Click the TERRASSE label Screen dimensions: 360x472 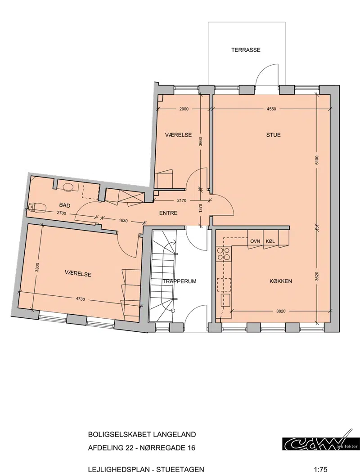tap(246, 50)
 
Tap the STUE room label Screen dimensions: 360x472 tap(273, 135)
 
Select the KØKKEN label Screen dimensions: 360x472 tap(280, 281)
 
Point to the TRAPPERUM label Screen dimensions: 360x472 tap(179, 281)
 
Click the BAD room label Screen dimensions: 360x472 tap(65, 205)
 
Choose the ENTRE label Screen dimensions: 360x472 tap(168, 213)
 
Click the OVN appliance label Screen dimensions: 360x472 tap(255, 241)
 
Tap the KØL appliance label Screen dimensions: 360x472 tap(270, 241)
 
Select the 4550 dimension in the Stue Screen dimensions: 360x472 tap(271, 109)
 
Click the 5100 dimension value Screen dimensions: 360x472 tap(317, 160)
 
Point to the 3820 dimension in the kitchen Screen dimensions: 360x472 tap(281, 311)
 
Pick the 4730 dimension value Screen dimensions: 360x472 tap(80, 299)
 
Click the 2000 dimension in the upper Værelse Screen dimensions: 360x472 tap(184, 109)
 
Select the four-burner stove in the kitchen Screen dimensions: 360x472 tap(224, 254)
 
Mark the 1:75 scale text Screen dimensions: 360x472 tap(320, 469)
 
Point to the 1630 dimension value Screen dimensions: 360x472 tap(123, 221)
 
